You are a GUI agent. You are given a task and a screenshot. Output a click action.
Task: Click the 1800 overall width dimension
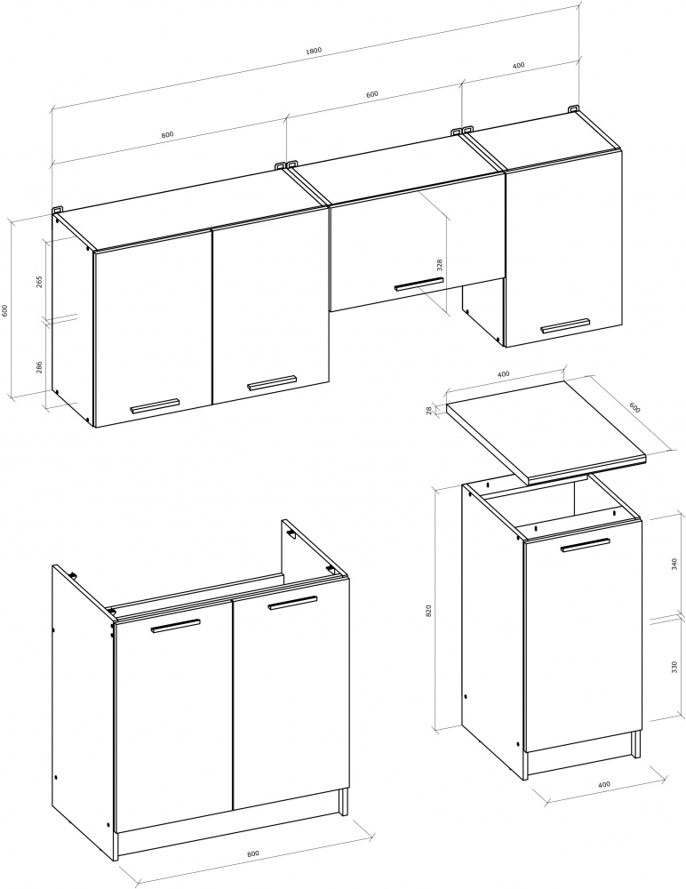point(314,50)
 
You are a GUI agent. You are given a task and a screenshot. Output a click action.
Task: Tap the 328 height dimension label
point(439,265)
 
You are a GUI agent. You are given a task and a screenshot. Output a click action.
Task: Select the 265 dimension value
point(39,281)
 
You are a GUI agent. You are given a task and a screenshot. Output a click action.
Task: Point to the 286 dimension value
point(39,368)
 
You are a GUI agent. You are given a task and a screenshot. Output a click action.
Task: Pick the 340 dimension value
point(674,565)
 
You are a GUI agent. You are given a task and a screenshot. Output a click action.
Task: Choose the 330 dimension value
point(674,667)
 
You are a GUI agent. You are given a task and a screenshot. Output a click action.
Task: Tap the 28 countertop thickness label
point(429,409)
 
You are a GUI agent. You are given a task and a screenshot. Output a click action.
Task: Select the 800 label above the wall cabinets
point(167,135)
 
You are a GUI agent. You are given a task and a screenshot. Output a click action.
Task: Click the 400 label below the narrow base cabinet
point(603,784)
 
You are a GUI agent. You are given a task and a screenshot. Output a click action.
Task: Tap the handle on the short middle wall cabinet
point(419,284)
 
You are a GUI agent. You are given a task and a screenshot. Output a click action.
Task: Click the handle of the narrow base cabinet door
point(586,545)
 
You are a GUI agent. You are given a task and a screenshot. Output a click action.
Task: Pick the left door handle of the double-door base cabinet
point(176,625)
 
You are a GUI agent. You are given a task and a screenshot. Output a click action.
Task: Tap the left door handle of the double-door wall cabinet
point(155,406)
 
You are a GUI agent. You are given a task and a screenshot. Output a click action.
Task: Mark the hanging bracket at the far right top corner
point(574,108)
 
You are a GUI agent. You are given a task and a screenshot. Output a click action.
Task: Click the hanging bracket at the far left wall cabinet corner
point(57,210)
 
